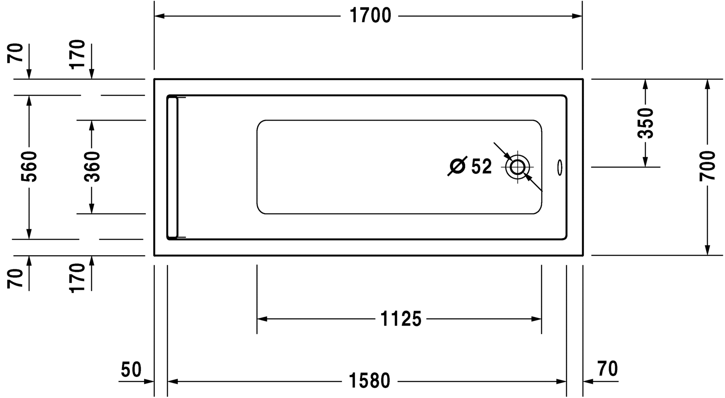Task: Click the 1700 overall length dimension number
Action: coord(370,15)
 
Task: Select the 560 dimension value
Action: coord(29,166)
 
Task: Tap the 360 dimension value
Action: coord(92,166)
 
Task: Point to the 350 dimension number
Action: coord(645,123)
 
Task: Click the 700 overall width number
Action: coord(707,166)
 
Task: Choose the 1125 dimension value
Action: coord(401,319)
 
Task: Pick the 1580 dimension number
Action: coord(369,381)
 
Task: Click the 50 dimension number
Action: coord(131,369)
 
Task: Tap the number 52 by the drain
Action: coord(481,167)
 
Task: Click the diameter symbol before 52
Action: coord(458,166)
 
